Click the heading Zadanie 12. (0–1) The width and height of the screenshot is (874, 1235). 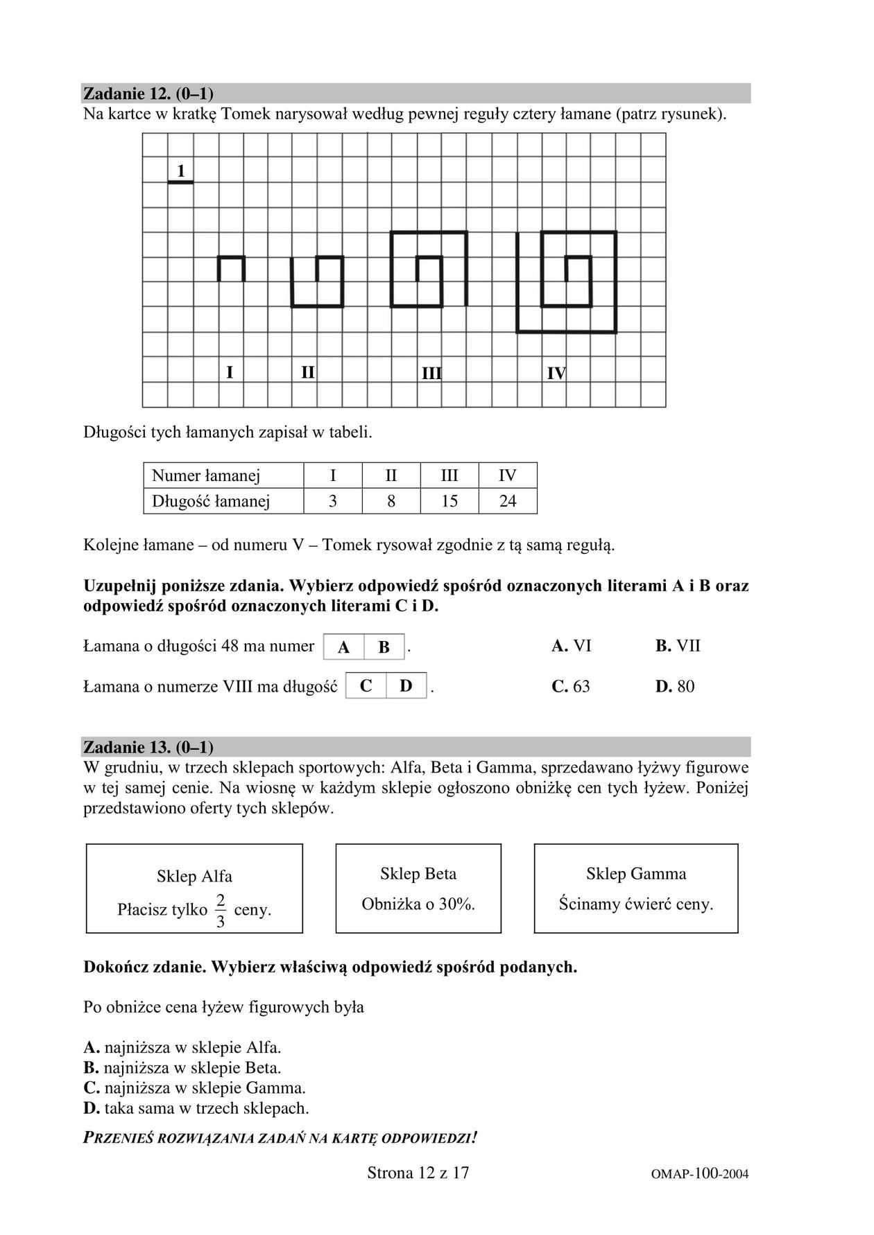[x=148, y=94]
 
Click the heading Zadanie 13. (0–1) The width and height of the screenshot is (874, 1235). [x=148, y=747]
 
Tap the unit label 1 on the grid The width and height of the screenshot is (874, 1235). [x=181, y=170]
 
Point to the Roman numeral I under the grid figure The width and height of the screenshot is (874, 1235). [x=230, y=373]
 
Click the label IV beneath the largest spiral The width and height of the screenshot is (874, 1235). [x=556, y=374]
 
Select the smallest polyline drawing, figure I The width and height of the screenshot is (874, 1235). [x=232, y=268]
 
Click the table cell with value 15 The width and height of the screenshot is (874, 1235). [x=449, y=501]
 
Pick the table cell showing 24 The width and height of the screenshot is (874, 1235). [x=508, y=501]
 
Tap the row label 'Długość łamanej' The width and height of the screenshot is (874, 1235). [x=211, y=501]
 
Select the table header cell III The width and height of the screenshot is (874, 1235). [x=449, y=476]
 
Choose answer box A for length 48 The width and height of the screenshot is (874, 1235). [x=343, y=647]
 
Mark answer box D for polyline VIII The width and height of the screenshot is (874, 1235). [x=406, y=686]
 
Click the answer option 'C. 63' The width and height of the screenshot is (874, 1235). [x=571, y=687]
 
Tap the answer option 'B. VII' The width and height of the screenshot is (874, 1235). [x=678, y=646]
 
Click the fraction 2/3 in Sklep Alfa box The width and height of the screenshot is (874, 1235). [x=221, y=911]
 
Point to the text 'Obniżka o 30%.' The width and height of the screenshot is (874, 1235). [x=418, y=904]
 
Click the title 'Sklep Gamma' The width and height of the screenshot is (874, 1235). [x=636, y=874]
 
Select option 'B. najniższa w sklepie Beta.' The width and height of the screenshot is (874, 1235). [x=182, y=1068]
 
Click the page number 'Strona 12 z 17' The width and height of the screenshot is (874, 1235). [x=418, y=1173]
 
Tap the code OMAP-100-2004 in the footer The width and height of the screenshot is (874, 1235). [x=700, y=1174]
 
